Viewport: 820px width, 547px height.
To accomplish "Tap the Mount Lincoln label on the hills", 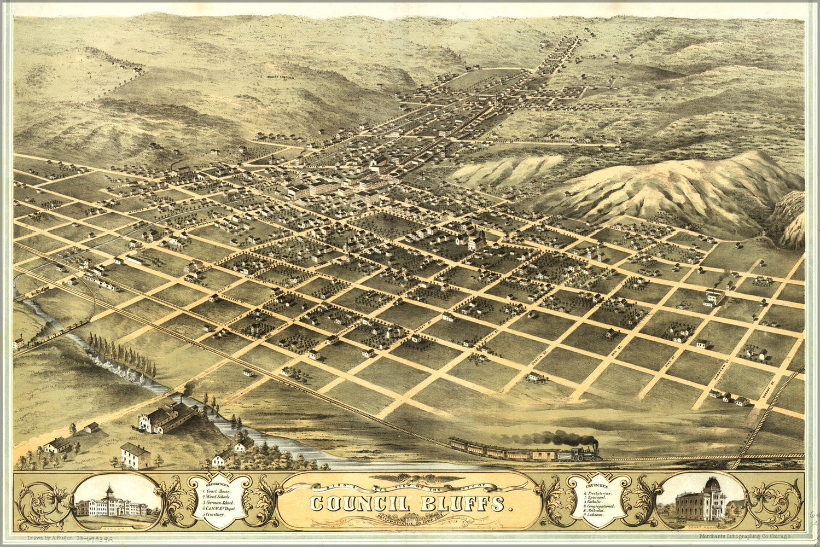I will pyautogui.click(x=281, y=78).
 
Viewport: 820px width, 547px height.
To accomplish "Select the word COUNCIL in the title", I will pyautogui.click(x=356, y=502).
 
